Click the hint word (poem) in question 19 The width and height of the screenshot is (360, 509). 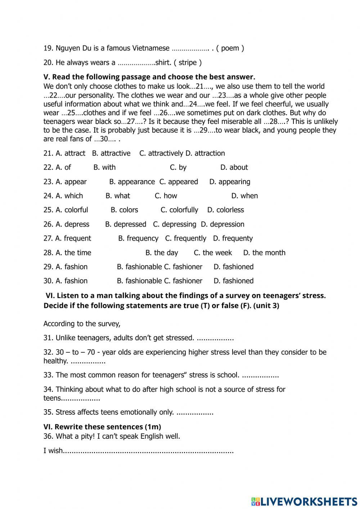(230, 48)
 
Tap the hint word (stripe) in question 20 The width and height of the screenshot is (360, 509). (188, 63)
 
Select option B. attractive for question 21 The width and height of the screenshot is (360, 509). (111, 153)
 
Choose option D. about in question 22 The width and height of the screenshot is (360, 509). (234, 168)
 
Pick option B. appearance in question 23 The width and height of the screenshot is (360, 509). (132, 182)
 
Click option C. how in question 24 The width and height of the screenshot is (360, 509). (166, 196)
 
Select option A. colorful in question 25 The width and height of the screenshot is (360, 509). (72, 210)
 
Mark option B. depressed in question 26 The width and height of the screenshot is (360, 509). (126, 224)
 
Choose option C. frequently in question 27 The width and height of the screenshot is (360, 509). (185, 238)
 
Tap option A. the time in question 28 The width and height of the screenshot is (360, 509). (73, 253)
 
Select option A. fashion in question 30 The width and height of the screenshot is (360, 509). (72, 281)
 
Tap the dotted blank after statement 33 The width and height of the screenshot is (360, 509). (260, 375)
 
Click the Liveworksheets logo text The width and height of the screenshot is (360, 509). (305, 501)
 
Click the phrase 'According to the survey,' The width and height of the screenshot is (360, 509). (82, 324)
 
